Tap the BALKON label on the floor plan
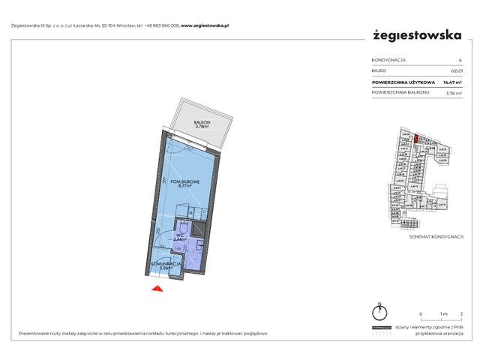(200, 122)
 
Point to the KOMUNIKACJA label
(166, 263)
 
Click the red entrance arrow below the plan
(156, 289)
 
